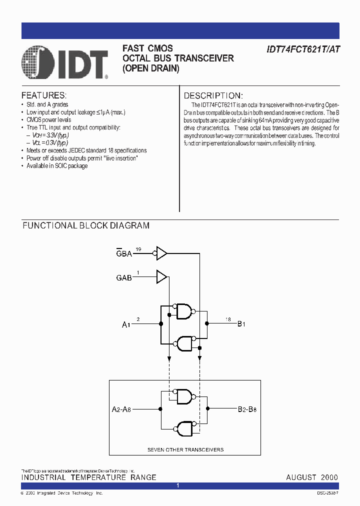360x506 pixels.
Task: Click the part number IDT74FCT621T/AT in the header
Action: click(304, 49)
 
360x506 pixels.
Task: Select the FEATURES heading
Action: click(44, 95)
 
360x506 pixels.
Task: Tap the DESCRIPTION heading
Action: click(213, 95)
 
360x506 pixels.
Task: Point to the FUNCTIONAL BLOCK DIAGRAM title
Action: click(86, 225)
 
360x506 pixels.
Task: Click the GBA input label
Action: click(124, 253)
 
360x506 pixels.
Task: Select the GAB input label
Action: click(124, 277)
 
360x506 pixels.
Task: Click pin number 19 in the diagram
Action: click(138, 248)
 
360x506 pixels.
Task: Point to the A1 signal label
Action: click(126, 324)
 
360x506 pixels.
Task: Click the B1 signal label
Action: click(241, 324)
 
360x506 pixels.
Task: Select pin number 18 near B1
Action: click(228, 319)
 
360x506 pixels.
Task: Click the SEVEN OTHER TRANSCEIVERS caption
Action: click(185, 449)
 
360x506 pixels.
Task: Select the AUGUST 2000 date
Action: click(311, 477)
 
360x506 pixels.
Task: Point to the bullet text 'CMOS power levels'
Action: click(48, 120)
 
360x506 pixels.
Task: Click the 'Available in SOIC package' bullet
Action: click(57, 165)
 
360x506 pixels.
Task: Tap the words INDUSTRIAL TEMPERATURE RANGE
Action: click(88, 477)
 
